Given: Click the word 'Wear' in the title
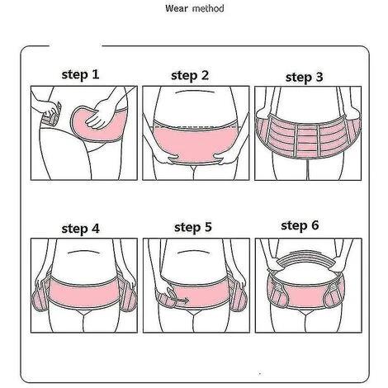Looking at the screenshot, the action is (x=177, y=8).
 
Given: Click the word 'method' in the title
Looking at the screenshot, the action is (x=208, y=8).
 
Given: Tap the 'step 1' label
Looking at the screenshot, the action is (x=80, y=74).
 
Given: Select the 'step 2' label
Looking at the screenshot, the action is (x=190, y=76).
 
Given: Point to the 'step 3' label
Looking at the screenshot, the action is (x=304, y=77).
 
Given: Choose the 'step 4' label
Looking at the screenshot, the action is (x=80, y=229).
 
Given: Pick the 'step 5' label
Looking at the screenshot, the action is (x=193, y=227).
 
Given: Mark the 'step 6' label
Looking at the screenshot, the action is (x=300, y=225).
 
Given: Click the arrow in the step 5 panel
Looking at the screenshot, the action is (x=180, y=300).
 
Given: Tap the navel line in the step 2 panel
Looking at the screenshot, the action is (x=195, y=92).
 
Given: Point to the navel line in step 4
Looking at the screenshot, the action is (x=84, y=252).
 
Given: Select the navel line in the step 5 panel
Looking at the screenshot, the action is (x=194, y=251).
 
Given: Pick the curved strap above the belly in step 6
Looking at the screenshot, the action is (x=305, y=258).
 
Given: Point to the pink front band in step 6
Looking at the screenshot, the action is (x=305, y=295).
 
